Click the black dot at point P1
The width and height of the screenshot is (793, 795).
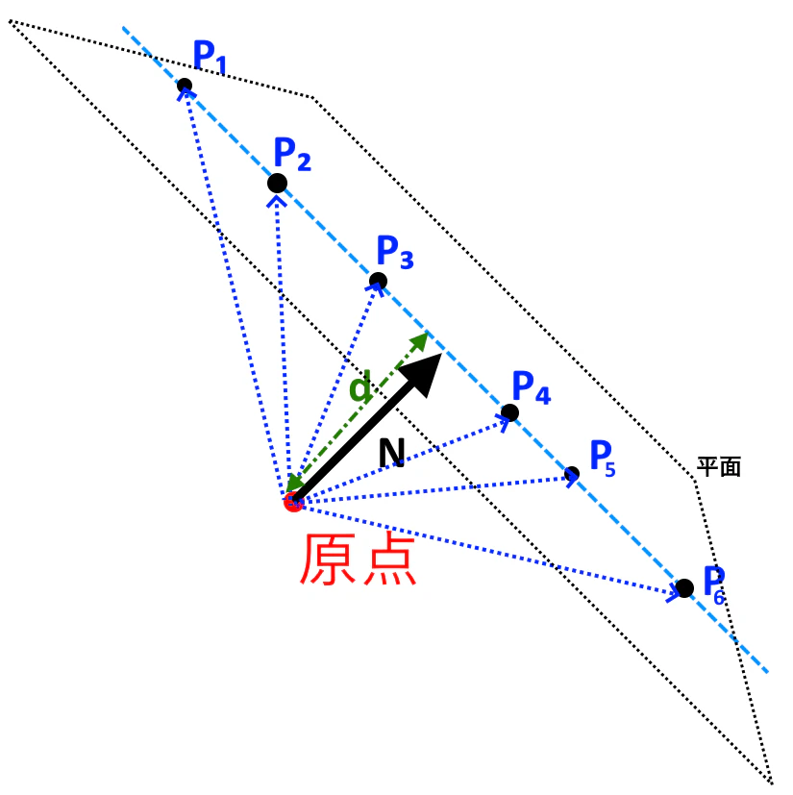[x=185, y=86]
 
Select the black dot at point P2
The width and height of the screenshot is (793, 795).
[x=278, y=183]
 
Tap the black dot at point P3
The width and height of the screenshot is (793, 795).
[x=379, y=281]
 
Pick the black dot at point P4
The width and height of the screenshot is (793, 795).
[x=509, y=412]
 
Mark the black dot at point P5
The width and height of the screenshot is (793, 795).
[x=572, y=474]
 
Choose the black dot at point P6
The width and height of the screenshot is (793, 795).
[x=684, y=588]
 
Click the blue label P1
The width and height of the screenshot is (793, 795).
[x=210, y=57]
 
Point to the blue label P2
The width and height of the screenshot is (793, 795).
[x=292, y=154]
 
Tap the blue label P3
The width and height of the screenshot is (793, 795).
[x=395, y=252]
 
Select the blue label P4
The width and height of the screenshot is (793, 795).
[x=532, y=386]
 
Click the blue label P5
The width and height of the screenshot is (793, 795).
[x=603, y=459]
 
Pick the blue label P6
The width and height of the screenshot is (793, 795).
[x=714, y=585]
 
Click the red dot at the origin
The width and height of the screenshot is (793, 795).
[x=293, y=503]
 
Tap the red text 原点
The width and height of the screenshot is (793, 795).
[x=359, y=559]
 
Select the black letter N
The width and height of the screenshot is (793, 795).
[x=392, y=452]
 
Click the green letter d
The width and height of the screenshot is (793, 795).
[x=360, y=386]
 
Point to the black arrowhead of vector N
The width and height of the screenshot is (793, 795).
[x=422, y=374]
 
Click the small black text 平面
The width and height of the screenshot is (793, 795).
[x=719, y=466]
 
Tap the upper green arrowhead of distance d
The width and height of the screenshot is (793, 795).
[x=419, y=341]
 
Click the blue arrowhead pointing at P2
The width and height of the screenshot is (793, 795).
[x=277, y=201]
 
